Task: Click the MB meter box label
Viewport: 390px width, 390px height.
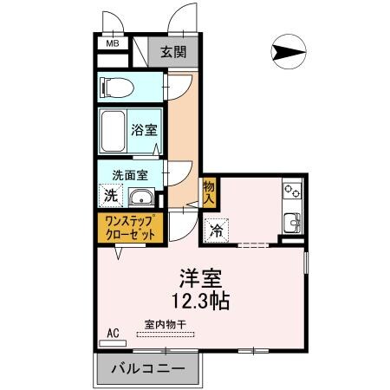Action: point(112,42)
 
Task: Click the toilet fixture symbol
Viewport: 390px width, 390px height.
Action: point(116,88)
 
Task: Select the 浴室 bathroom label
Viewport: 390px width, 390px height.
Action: point(143,131)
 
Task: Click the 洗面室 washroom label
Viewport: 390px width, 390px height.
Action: point(129,173)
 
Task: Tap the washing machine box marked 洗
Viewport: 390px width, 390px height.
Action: point(111,196)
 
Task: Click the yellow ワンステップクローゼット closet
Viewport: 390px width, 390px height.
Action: point(128,228)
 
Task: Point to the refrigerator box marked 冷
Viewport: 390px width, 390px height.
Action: point(216,231)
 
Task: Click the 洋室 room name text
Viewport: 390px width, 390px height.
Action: point(200,280)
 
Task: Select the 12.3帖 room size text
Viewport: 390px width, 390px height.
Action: point(200,302)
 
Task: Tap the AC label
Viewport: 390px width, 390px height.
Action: point(113,333)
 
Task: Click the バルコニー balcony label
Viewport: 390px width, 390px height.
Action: point(146,368)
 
